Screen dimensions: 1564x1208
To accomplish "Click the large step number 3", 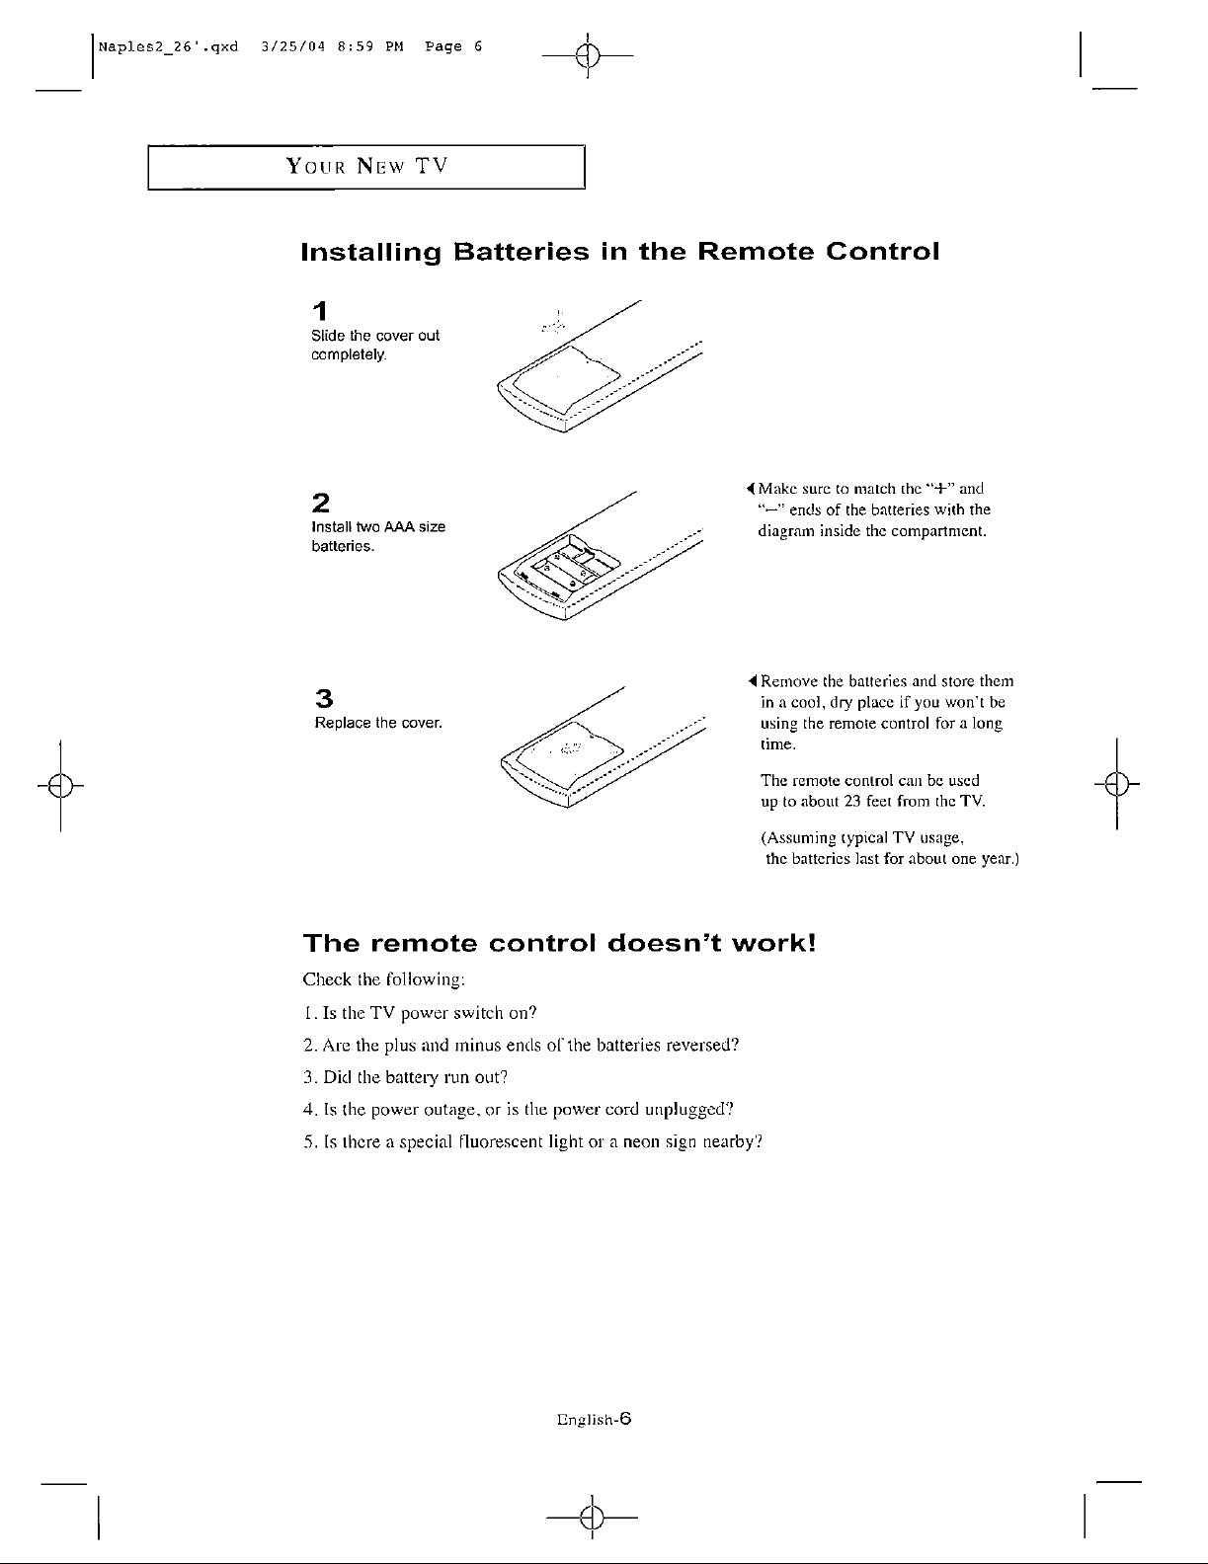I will (322, 697).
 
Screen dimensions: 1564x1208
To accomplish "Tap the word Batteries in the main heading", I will (520, 252).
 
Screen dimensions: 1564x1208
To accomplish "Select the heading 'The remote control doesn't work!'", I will (560, 943).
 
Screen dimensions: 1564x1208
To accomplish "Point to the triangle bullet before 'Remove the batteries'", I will (753, 681).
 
